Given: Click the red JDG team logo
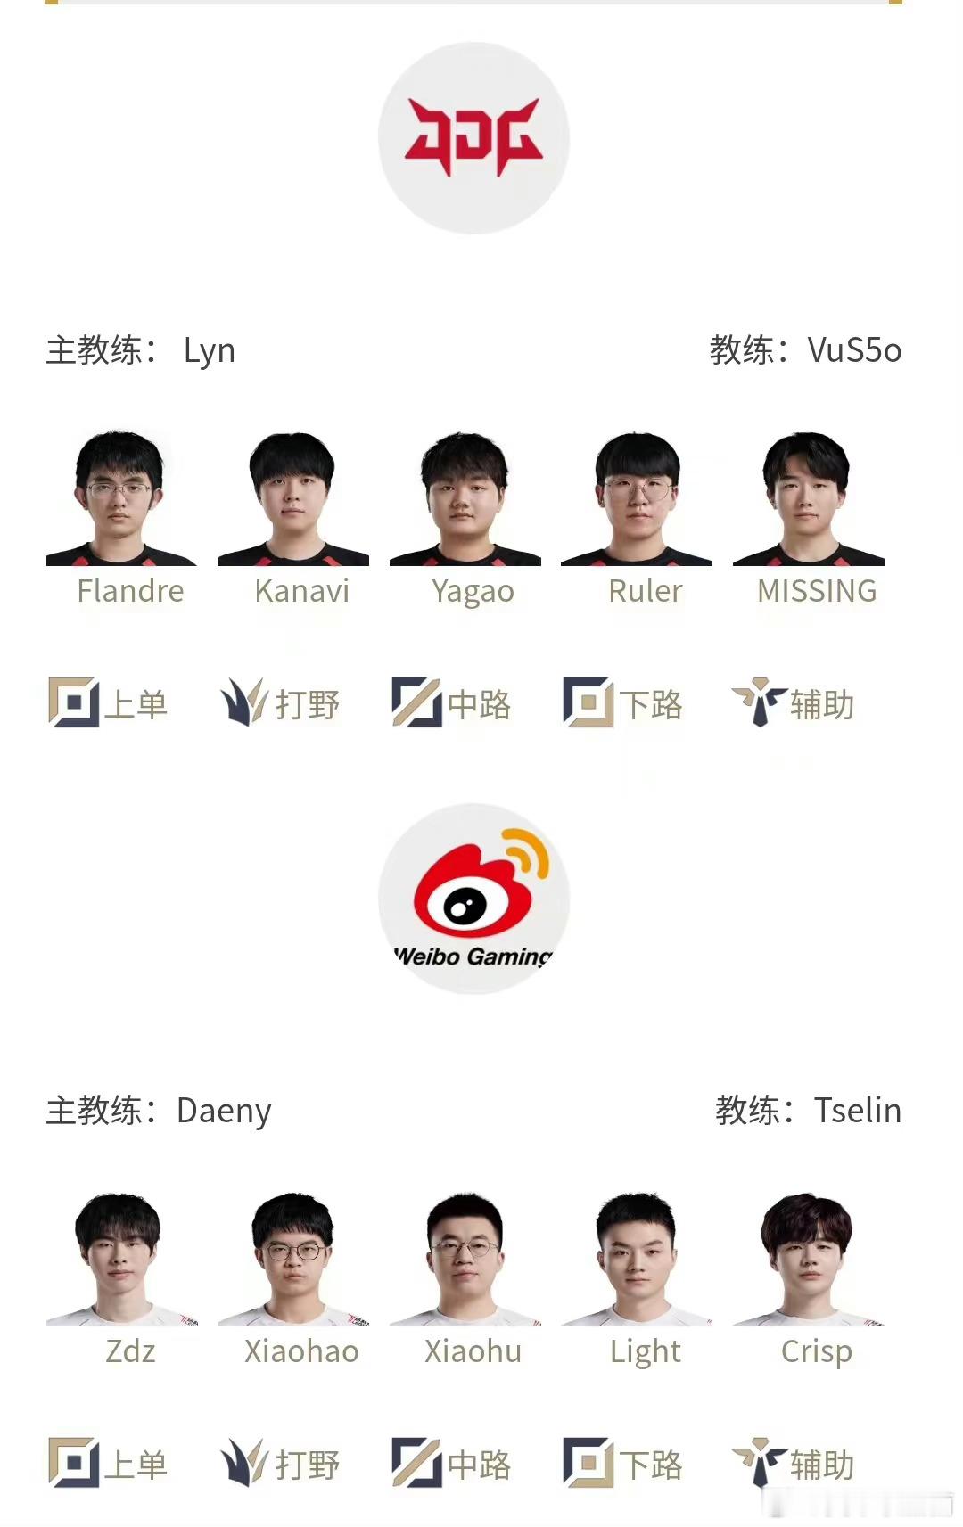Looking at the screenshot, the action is (473, 137).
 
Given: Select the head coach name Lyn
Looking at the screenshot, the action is (210, 350).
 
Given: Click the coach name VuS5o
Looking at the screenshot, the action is (854, 350).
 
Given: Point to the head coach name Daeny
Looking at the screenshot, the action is (224, 1111).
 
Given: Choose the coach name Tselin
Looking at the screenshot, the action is (857, 1111).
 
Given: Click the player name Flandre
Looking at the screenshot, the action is (130, 591).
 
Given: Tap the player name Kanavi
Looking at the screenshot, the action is (301, 591).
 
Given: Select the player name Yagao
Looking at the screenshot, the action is (473, 592).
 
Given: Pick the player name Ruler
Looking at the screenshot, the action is (645, 591).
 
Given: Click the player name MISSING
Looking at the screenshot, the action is (817, 591).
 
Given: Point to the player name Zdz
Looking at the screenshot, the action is (130, 1351).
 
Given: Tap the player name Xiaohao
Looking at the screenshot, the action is (301, 1351).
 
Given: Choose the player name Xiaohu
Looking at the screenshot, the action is (473, 1351).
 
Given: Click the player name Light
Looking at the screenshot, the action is (645, 1352).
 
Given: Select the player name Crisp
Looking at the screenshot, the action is (817, 1352).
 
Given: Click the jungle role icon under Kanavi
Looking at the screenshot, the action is (243, 702).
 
